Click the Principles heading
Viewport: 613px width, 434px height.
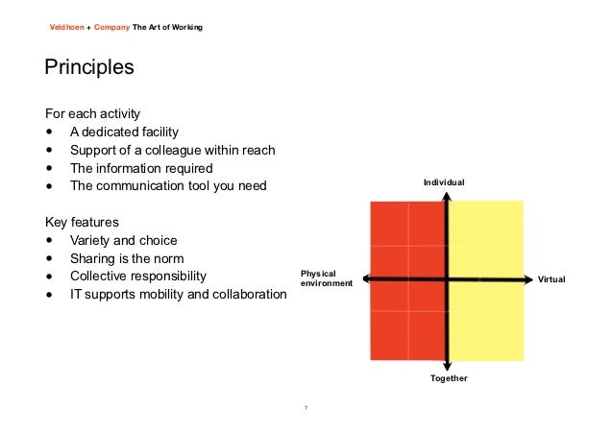[x=88, y=70]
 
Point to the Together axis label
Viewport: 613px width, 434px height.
[x=448, y=379]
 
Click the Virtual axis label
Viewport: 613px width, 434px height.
[x=552, y=279]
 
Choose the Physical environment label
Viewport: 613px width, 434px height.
[x=327, y=279]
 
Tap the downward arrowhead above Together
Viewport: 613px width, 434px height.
[x=448, y=365]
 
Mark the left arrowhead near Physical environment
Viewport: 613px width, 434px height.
[x=363, y=279]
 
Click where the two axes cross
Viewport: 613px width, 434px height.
[x=448, y=279]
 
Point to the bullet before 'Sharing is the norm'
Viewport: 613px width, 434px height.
[x=49, y=258]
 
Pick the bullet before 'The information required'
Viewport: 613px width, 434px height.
[x=49, y=168]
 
